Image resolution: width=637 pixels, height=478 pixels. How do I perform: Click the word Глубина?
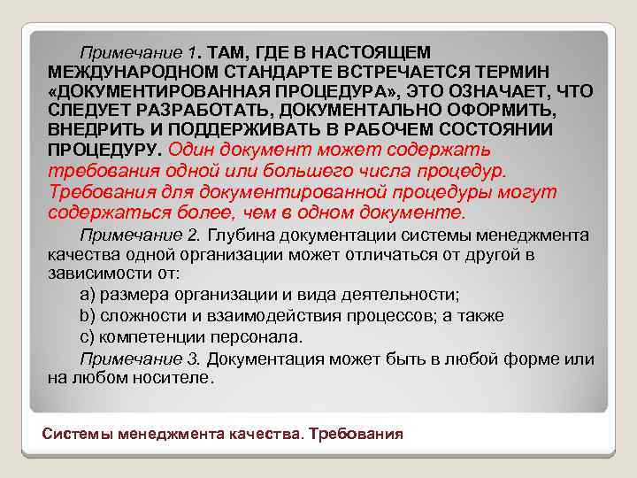(242, 235)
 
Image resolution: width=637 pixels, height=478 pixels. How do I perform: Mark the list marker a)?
(88, 295)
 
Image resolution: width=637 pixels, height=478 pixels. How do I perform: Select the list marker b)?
(88, 316)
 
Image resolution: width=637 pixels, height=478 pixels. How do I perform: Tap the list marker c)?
(87, 337)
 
